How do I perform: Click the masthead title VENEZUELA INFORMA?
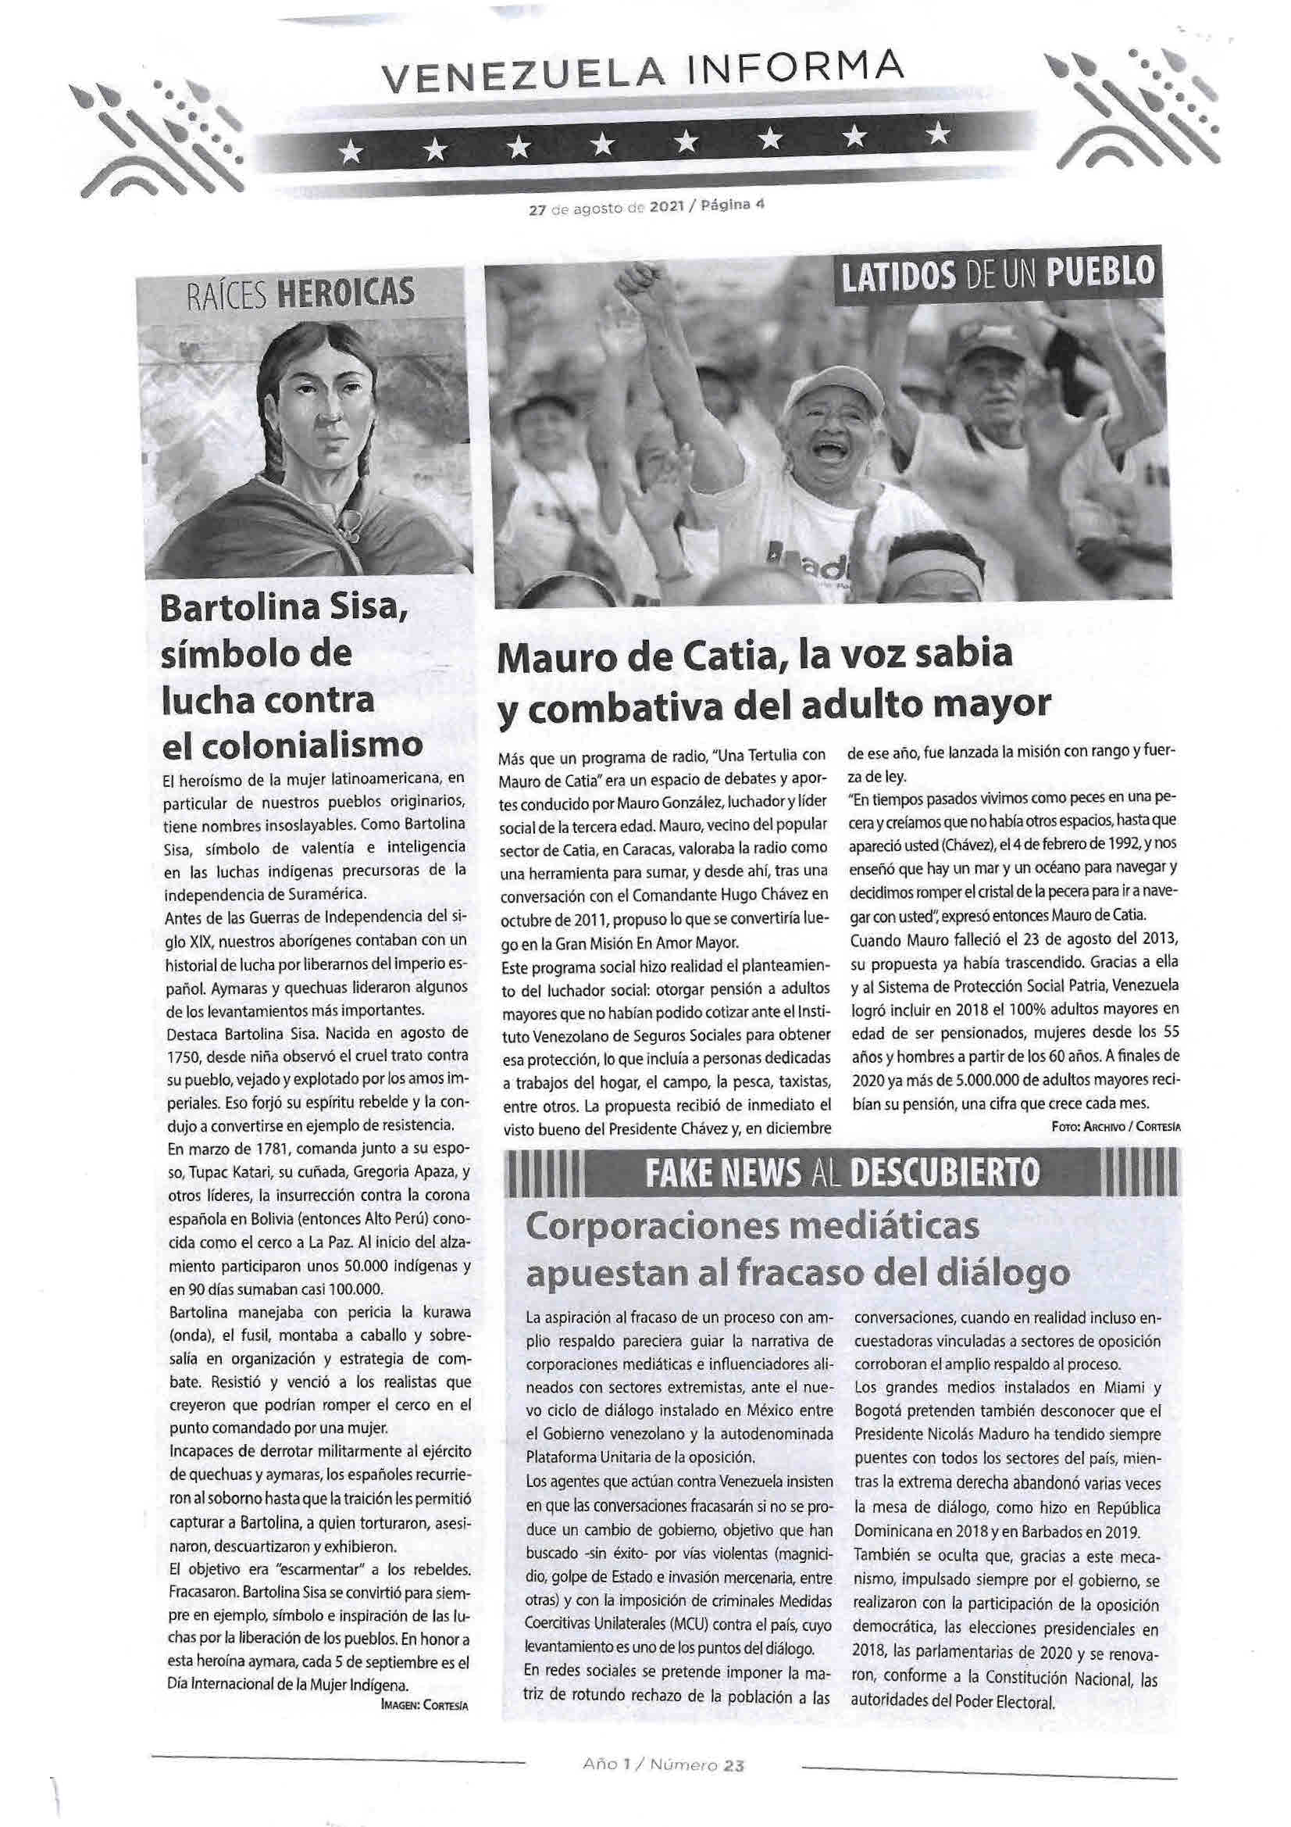(x=643, y=77)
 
